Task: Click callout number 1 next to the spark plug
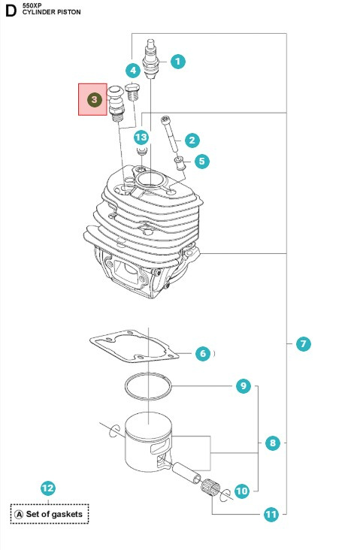pos(177,62)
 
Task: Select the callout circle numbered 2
pos(192,140)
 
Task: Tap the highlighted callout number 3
pos(94,99)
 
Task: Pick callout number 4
pos(133,71)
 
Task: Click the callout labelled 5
pos(201,161)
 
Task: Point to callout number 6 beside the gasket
pos(202,353)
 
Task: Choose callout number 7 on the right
pos(303,344)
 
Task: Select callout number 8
pos(273,443)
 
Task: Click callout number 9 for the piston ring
pos(243,386)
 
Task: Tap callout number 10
pos(241,491)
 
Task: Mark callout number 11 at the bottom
pos(271,515)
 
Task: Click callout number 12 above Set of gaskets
pos(47,488)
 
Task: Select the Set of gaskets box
pos(50,514)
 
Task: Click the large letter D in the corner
pos(11,11)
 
